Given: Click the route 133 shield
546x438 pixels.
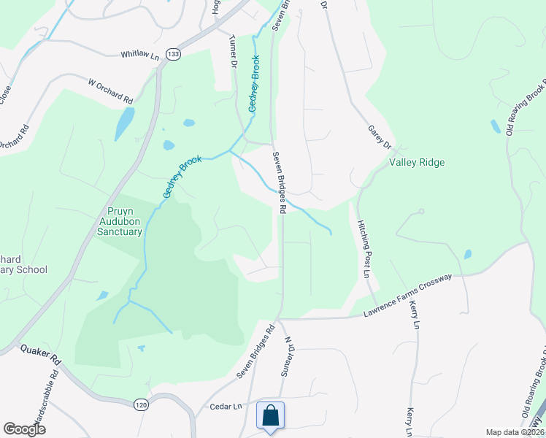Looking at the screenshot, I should click(x=173, y=54).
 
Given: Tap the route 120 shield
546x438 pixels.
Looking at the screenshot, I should click(x=141, y=404).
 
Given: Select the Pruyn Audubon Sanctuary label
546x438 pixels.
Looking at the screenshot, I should click(x=120, y=221).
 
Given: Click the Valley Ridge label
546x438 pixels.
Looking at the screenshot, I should click(x=417, y=162).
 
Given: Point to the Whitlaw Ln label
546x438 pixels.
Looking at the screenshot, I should click(x=139, y=55).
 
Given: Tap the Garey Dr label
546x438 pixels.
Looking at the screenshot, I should click(x=379, y=136).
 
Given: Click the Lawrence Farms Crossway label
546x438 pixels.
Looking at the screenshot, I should click(x=408, y=296).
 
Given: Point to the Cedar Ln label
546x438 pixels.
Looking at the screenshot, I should click(x=226, y=406).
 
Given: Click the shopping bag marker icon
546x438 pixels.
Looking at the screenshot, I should click(x=270, y=415).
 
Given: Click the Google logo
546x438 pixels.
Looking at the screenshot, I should click(x=24, y=429).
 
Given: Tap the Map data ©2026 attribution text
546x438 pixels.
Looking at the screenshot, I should click(x=514, y=432).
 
